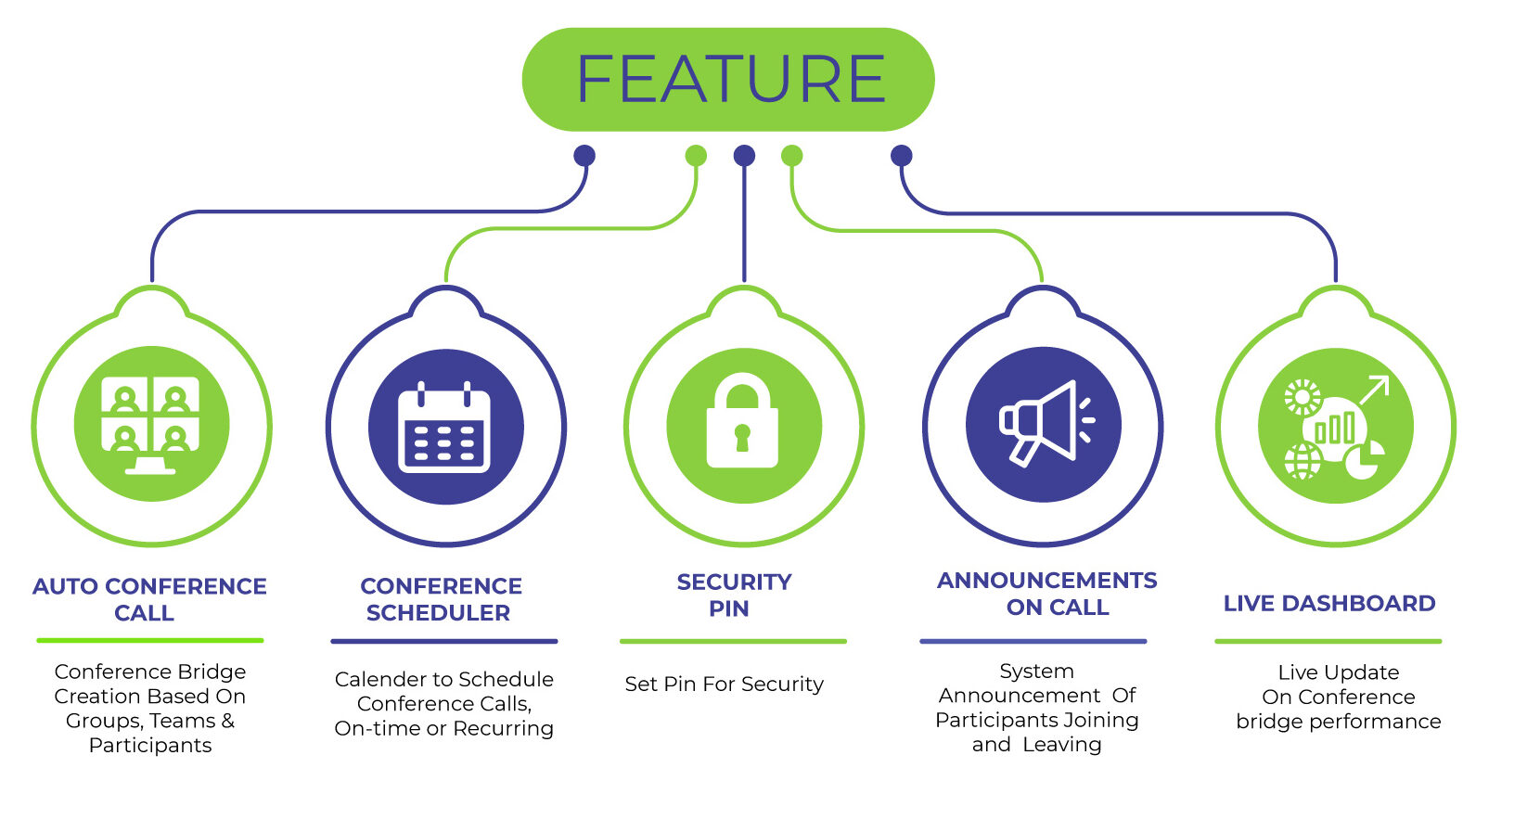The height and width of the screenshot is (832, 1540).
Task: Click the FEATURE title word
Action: click(x=730, y=80)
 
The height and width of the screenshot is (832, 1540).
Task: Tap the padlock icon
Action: click(x=742, y=422)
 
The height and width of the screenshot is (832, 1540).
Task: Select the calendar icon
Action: click(x=444, y=429)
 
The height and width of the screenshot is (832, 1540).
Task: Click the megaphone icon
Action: click(x=1043, y=423)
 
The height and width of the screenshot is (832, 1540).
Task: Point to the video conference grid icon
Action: click(x=151, y=425)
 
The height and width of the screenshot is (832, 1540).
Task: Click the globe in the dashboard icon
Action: click(x=1303, y=461)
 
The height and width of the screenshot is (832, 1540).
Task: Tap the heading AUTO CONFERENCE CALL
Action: click(x=148, y=599)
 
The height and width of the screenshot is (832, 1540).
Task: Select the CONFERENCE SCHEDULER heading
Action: click(x=441, y=599)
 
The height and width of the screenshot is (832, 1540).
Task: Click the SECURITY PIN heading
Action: click(x=733, y=595)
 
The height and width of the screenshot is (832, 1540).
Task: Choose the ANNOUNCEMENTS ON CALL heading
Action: click(x=1047, y=594)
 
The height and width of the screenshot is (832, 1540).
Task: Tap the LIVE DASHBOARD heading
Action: click(x=1328, y=604)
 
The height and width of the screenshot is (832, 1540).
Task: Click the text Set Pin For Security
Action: click(x=724, y=685)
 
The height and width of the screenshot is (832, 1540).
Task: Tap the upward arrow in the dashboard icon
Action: click(x=1374, y=390)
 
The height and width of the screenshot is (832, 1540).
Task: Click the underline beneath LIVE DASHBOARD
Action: click(x=1328, y=641)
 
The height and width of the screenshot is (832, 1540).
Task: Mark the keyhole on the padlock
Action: click(x=742, y=436)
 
